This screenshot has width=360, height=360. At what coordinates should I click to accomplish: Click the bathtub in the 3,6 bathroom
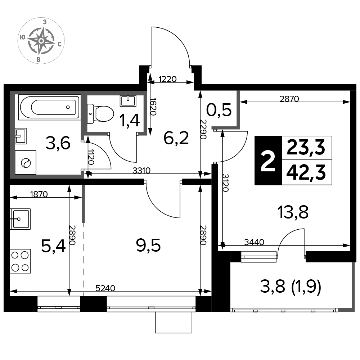49,107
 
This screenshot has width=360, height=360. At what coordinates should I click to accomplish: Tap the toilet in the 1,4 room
100,114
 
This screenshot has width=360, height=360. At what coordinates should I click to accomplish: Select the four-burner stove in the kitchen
20,261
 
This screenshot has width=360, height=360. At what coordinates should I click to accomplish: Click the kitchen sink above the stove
20,219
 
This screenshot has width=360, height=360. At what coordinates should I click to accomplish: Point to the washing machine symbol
26,163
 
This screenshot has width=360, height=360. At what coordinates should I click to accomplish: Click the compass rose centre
41,41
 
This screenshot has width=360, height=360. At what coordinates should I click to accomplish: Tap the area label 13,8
293,212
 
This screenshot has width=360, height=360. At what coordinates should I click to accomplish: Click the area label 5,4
53,246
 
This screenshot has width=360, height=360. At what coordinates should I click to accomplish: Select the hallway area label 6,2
176,138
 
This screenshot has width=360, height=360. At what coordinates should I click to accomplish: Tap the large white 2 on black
268,161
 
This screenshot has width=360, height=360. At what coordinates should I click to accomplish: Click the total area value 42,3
306,173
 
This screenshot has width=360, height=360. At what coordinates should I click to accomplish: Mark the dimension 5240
105,288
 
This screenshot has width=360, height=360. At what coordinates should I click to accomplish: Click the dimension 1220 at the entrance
167,79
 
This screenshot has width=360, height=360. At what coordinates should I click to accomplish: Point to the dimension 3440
254,242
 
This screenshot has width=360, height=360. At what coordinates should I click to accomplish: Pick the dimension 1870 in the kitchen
39,194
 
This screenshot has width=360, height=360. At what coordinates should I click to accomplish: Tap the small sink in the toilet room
128,101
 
